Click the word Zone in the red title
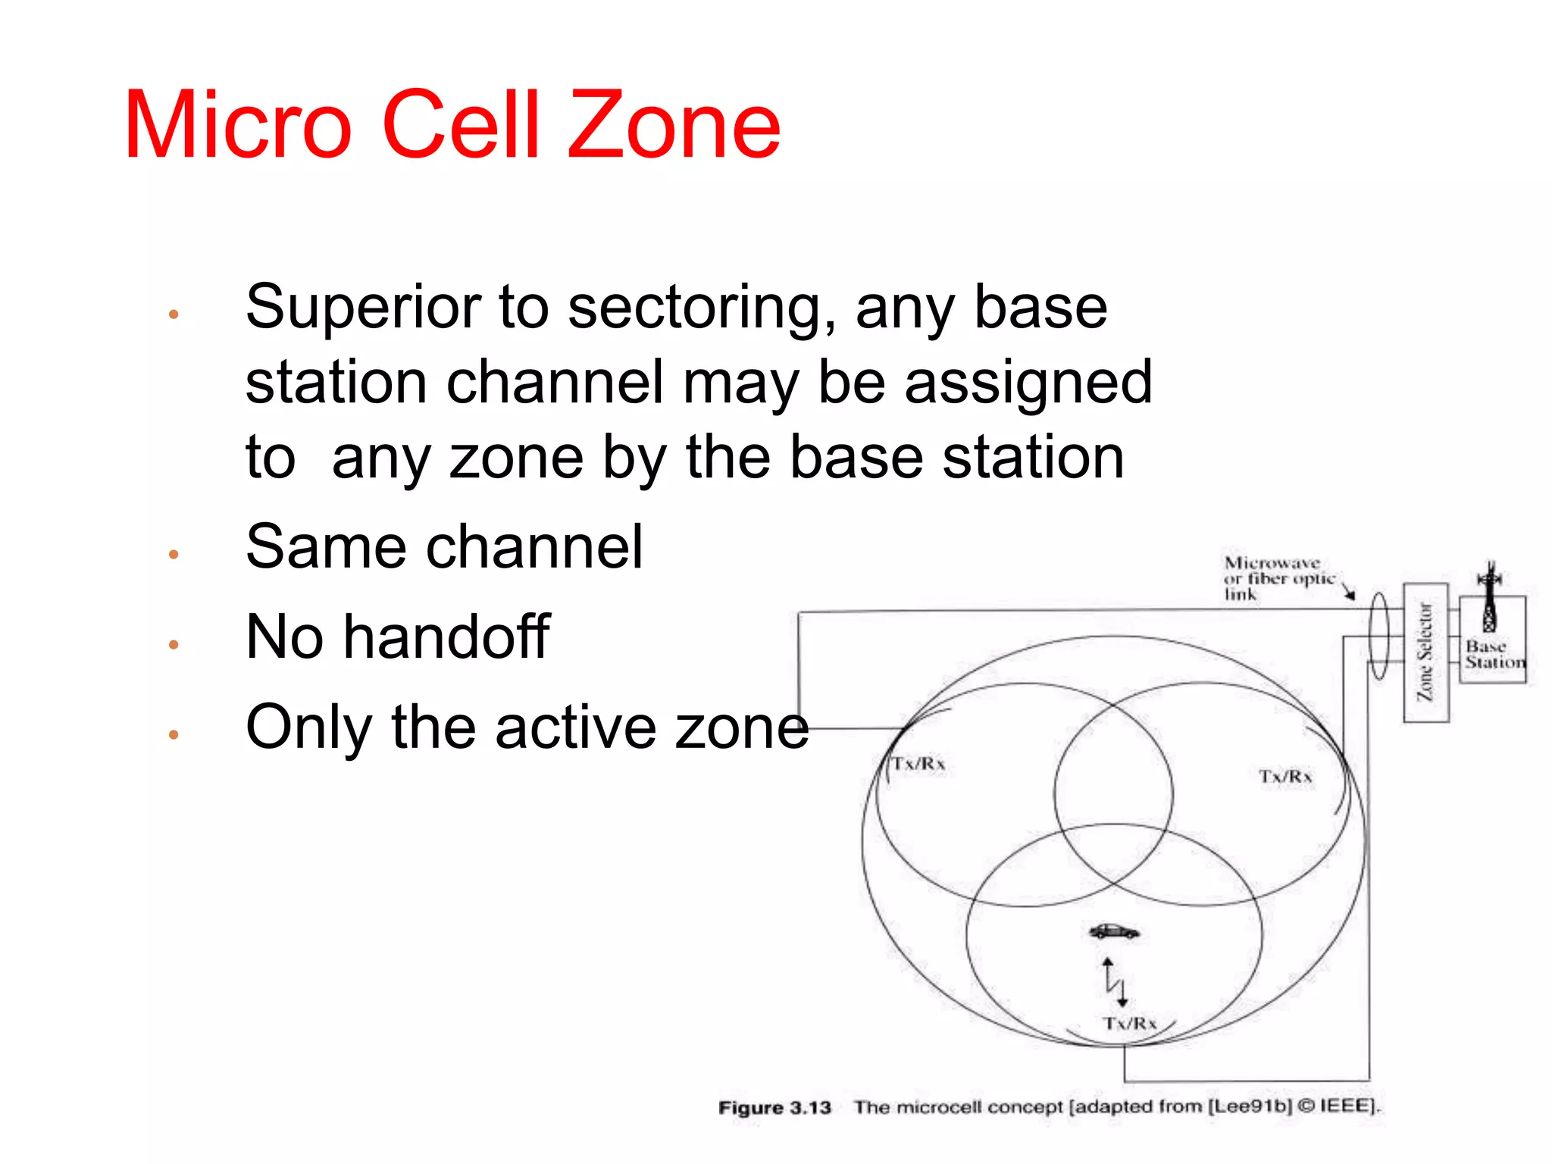674,126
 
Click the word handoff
446,637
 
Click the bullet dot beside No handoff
174,645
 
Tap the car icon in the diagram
1113,931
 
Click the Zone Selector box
1425,652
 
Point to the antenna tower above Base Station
1490,599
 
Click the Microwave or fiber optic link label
1277,579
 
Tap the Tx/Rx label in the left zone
918,764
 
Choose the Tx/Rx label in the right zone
1285,777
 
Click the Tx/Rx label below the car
1129,1024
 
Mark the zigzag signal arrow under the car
1115,982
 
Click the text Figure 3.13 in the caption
774,1108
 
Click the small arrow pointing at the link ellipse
1349,593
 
